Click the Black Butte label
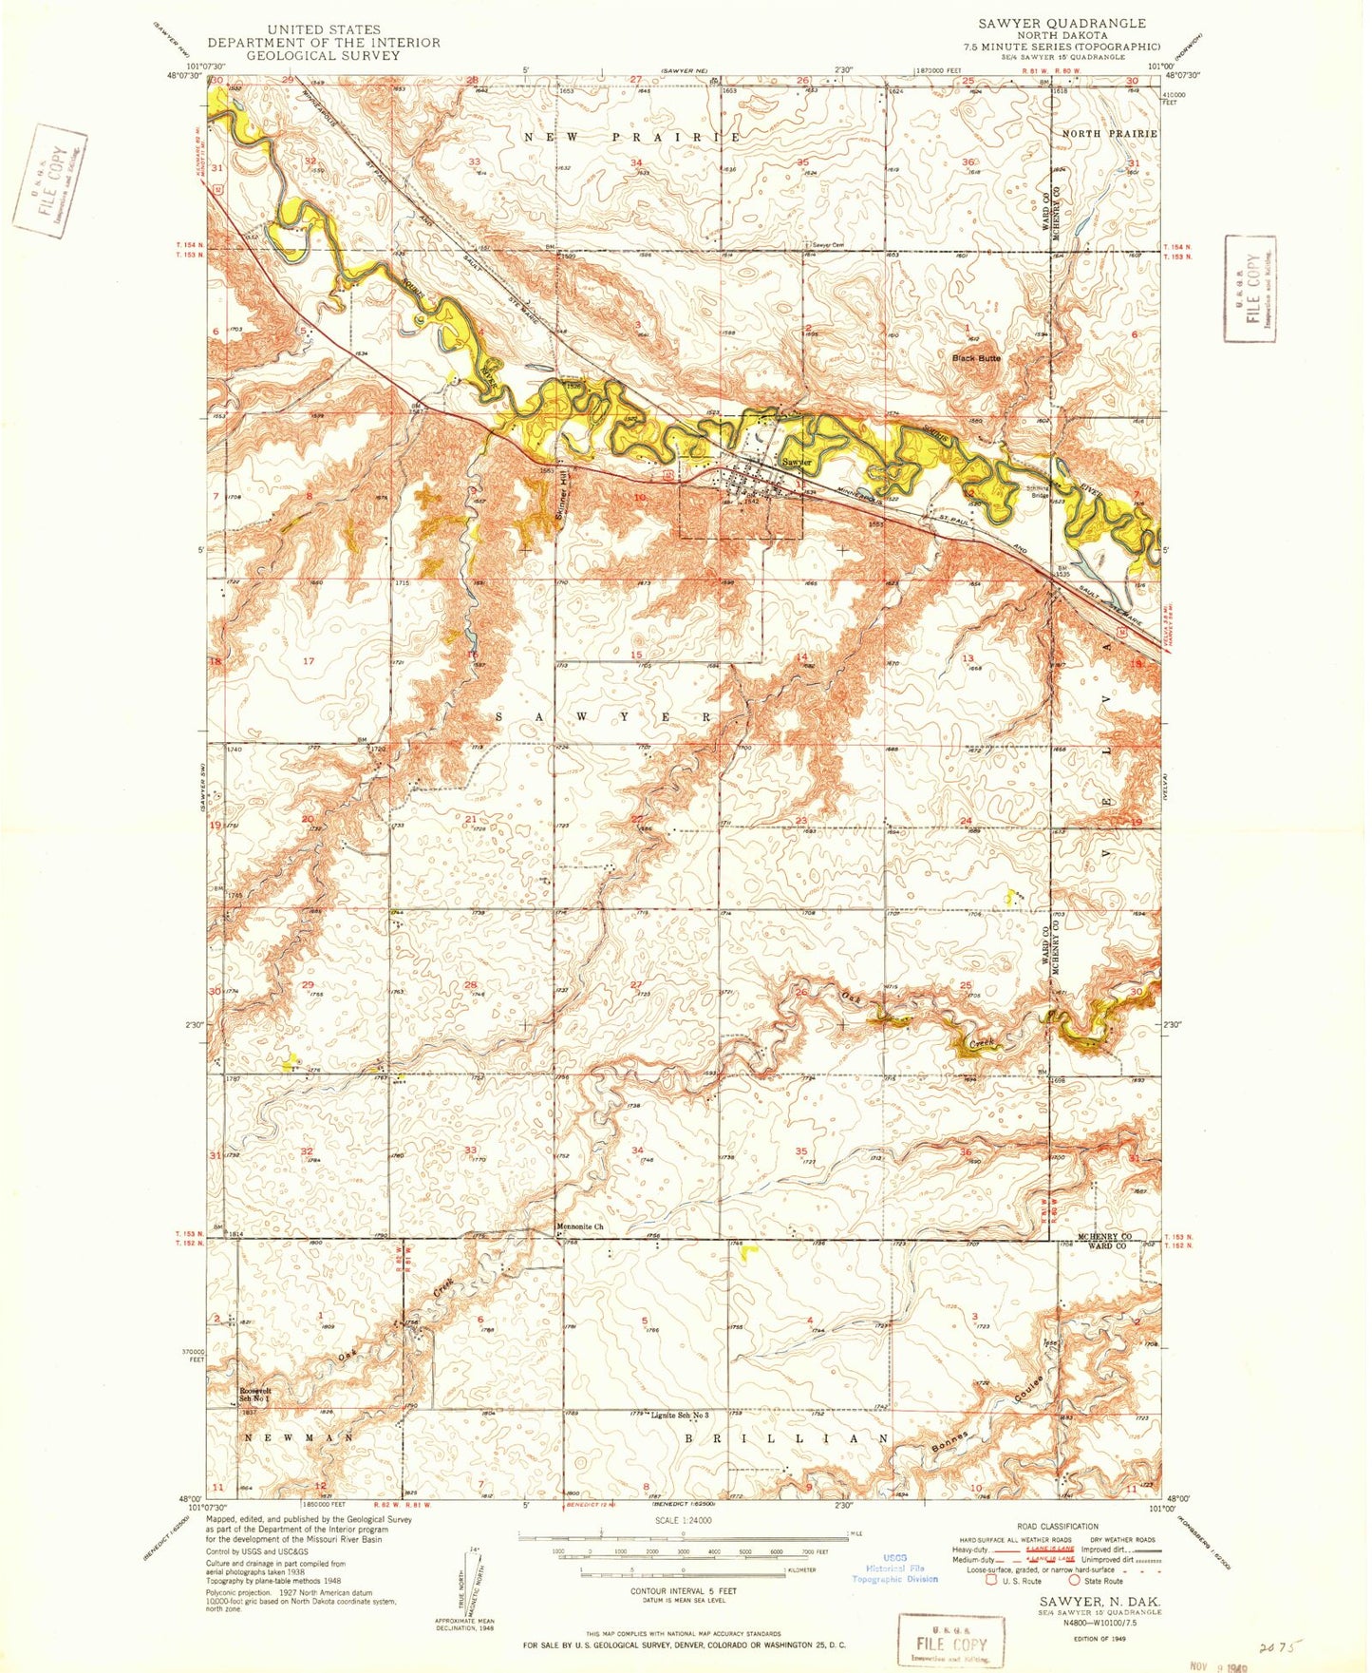pyautogui.click(x=976, y=358)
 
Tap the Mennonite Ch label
pyautogui.click(x=578, y=1226)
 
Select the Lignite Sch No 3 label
pyautogui.click(x=680, y=1416)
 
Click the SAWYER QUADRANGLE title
pyautogui.click(x=1062, y=23)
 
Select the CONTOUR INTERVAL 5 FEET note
pyautogui.click(x=683, y=1590)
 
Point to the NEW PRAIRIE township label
pyautogui.click(x=632, y=138)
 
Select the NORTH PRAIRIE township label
pyautogui.click(x=1109, y=134)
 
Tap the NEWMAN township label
pyautogui.click(x=299, y=1438)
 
